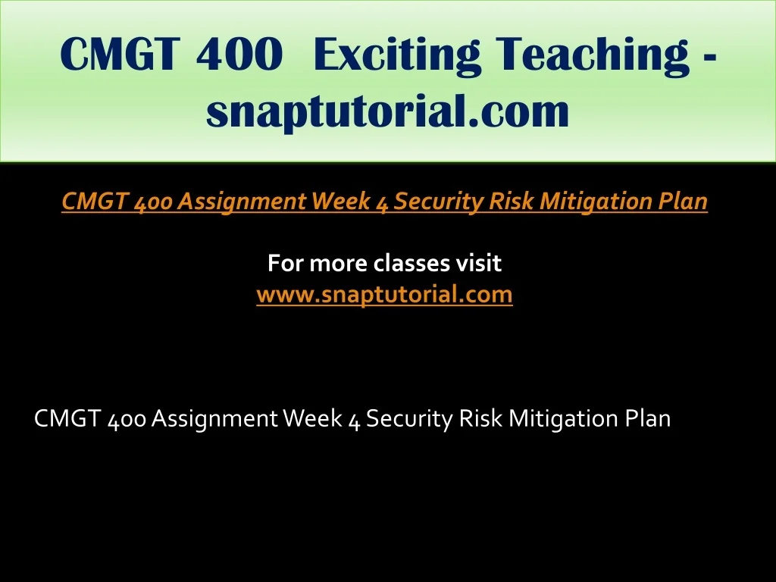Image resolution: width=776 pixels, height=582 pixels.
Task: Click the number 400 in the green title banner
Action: (239, 54)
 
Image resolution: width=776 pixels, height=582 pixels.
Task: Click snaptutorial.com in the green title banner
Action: (387, 111)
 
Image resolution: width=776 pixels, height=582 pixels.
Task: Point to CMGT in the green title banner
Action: (117, 54)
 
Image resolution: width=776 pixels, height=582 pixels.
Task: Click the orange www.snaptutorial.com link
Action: (384, 295)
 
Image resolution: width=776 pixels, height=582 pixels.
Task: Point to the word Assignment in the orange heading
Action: (242, 202)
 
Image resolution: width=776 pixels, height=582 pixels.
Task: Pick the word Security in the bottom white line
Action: (409, 419)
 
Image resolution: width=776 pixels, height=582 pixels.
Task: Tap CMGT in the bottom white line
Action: (67, 418)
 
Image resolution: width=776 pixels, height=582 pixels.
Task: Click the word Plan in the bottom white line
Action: (648, 418)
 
